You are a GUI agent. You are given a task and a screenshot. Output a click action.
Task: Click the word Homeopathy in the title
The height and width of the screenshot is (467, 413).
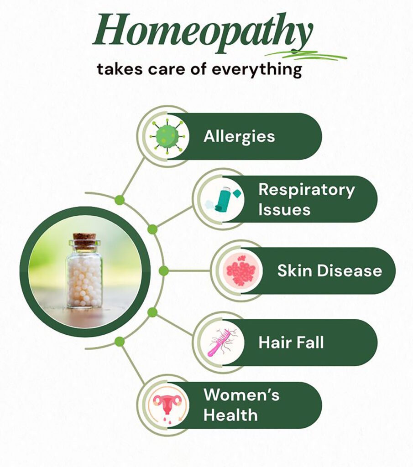click(x=203, y=33)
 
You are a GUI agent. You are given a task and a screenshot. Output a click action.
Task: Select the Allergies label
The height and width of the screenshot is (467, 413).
click(x=239, y=137)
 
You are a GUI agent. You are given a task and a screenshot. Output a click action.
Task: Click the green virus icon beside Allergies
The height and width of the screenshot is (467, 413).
click(x=168, y=136)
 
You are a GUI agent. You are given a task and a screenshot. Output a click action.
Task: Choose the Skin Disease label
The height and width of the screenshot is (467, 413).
click(x=329, y=271)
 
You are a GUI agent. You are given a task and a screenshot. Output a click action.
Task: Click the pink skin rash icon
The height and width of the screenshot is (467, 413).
click(x=242, y=270)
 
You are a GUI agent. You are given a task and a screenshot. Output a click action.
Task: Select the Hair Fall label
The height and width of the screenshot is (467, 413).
click(x=291, y=342)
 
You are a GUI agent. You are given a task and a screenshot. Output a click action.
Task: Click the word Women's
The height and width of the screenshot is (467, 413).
click(x=241, y=394)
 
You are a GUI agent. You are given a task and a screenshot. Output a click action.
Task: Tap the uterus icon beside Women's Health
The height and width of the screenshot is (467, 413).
click(x=167, y=405)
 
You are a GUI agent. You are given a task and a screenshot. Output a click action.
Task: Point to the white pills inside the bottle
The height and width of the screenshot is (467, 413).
click(x=85, y=281)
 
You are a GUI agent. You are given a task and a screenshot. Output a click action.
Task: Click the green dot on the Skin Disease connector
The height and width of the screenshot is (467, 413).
click(x=163, y=271)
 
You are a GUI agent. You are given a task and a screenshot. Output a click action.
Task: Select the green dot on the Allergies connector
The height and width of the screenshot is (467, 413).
click(x=120, y=200)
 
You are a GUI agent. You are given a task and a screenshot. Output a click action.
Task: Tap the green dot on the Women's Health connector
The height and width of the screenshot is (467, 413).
click(x=120, y=342)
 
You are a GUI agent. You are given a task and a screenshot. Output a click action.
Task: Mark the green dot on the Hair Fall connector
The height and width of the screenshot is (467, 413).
click(x=152, y=312)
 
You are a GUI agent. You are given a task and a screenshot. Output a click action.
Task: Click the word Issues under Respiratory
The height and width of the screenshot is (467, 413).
click(x=284, y=210)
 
